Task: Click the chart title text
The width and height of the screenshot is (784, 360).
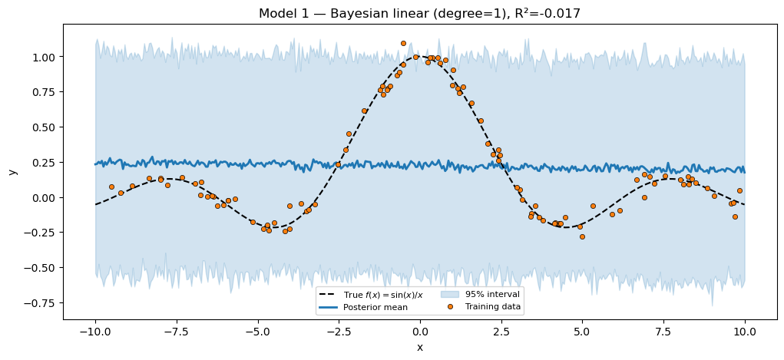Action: (x=419, y=14)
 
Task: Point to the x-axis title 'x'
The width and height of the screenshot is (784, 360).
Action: (x=420, y=348)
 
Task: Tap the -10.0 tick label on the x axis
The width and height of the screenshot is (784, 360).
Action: (x=95, y=332)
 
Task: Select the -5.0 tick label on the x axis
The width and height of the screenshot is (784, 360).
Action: (x=257, y=332)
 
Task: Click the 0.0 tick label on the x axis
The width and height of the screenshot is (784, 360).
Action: (x=420, y=332)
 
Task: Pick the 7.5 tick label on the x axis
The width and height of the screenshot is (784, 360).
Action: (x=663, y=332)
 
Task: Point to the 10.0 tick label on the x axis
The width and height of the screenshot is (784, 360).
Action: (x=745, y=332)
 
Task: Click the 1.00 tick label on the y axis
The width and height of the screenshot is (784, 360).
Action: (x=43, y=58)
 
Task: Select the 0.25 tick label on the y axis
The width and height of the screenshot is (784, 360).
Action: (x=43, y=163)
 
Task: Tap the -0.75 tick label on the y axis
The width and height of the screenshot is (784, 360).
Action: (x=40, y=303)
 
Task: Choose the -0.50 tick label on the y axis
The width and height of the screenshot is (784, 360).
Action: (x=40, y=268)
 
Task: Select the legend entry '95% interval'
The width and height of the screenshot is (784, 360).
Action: (x=492, y=294)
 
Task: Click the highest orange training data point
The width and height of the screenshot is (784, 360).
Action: (x=403, y=44)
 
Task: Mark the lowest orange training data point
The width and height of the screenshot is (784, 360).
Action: (x=582, y=236)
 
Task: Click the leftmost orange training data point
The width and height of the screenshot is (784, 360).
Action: (x=111, y=187)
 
